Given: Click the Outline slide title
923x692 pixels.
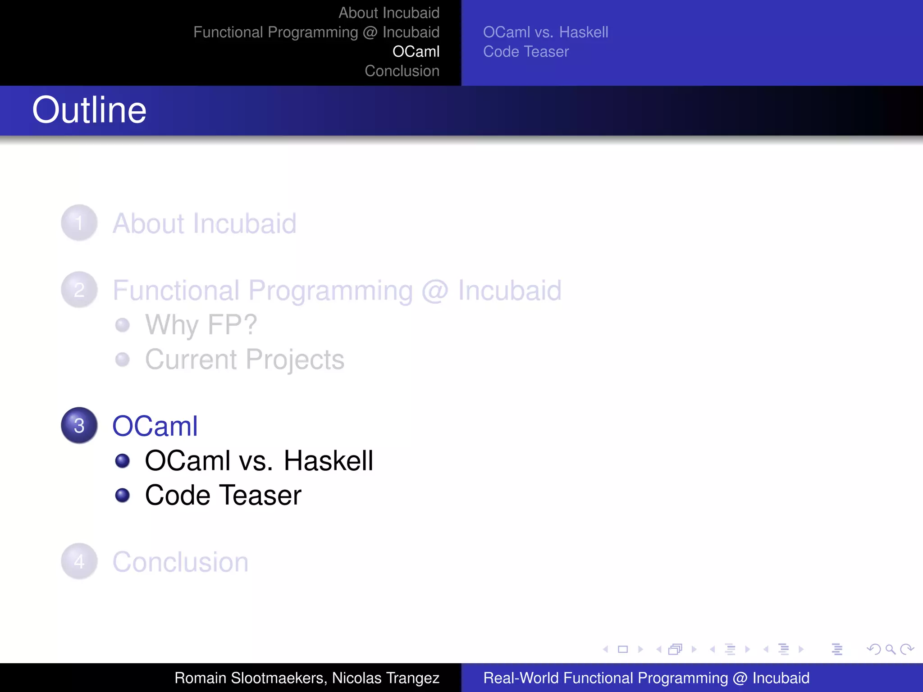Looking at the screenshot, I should [x=89, y=110].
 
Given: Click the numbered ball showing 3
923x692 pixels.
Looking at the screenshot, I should [x=79, y=425].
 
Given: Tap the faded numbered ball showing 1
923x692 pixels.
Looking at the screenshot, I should [x=79, y=223].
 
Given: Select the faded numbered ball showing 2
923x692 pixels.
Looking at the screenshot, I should [x=79, y=289].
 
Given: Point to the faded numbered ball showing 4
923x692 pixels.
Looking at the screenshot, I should [x=79, y=561].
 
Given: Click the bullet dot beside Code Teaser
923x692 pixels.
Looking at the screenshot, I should [x=122, y=495].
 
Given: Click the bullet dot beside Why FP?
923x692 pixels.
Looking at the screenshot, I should [x=122, y=325].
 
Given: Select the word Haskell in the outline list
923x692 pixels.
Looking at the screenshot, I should [x=328, y=461].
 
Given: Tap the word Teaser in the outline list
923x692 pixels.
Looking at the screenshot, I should [x=261, y=495].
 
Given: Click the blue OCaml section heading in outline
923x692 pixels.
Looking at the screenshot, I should [x=155, y=426].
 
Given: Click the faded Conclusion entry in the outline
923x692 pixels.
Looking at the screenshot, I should [x=180, y=562].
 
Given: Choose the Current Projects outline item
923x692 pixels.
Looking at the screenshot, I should [x=244, y=360].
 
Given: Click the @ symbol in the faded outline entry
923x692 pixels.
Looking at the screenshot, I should [x=435, y=291].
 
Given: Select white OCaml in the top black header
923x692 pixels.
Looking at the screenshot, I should [x=416, y=51].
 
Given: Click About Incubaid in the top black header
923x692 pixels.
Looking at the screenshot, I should [x=388, y=13].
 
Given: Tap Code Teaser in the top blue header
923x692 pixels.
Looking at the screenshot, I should [x=526, y=51].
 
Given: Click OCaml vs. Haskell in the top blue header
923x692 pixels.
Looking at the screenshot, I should [x=545, y=32].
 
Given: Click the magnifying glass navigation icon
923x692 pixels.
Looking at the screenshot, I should [x=890, y=649].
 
